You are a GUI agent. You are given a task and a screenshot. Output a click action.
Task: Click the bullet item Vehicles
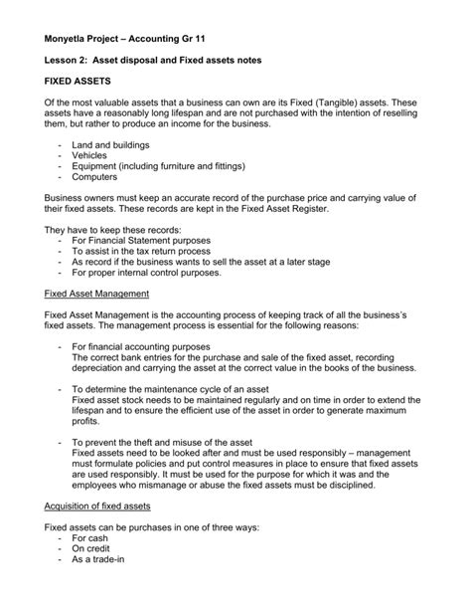coord(94,156)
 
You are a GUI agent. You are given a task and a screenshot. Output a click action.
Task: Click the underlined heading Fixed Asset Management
coord(97,295)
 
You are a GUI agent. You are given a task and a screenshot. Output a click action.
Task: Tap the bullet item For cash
coord(94,538)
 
